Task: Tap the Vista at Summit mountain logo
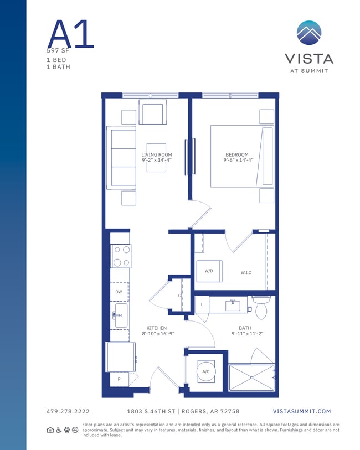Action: [308, 33]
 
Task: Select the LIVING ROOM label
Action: [156, 155]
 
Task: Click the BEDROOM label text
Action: [236, 155]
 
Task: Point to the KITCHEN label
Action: [156, 328]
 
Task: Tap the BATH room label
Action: [245, 328]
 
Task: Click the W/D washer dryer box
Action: [209, 271]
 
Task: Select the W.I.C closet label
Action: [246, 272]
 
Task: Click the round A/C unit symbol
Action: [205, 371]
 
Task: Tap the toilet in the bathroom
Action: [261, 308]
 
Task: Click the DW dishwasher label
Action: [119, 292]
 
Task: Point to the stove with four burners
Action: [121, 256]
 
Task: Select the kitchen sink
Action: [121, 315]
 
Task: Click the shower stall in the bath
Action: [252, 377]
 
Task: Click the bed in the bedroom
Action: [241, 156]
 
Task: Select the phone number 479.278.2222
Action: [68, 411]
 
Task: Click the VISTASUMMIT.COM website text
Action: [302, 411]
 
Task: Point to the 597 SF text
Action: [58, 50]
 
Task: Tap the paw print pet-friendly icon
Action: [67, 430]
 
